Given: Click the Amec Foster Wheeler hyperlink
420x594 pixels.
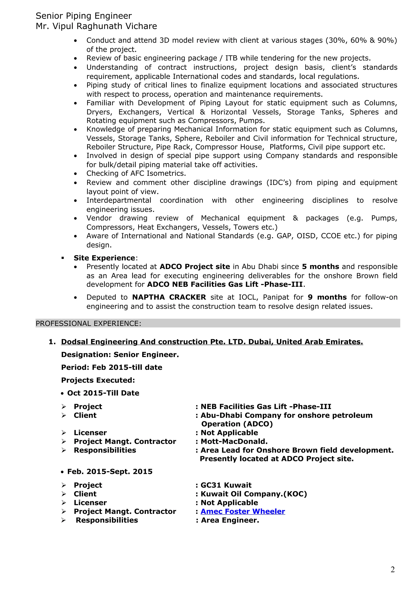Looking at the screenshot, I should pyautogui.click(x=243, y=511).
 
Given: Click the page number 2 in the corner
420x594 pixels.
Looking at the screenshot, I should pyautogui.click(x=393, y=570).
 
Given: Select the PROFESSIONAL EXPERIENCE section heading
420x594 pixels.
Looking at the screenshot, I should pyautogui.click(x=88, y=323).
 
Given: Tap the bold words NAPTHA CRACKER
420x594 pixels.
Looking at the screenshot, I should pyautogui.click(x=169, y=297).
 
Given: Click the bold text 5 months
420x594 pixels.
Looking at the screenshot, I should pyautogui.click(x=320, y=266).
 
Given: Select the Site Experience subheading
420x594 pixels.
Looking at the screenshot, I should pyautogui.click(x=104, y=258).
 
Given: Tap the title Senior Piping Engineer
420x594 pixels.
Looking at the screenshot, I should pyautogui.click(x=84, y=16).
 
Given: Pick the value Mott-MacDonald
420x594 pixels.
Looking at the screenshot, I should pyautogui.click(x=234, y=441).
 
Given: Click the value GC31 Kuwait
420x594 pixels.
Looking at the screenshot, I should pyautogui.click(x=226, y=485).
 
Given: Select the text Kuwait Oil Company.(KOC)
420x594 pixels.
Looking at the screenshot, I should pyautogui.click(x=254, y=494).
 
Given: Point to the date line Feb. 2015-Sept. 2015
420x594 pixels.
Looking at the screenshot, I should pyautogui.click(x=110, y=471).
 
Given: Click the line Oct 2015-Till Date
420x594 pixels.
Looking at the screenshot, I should pyautogui.click(x=103, y=393).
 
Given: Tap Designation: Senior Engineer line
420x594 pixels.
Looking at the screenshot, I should pyautogui.click(x=120, y=354).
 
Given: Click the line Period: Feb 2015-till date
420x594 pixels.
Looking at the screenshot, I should pyautogui.click(x=112, y=367).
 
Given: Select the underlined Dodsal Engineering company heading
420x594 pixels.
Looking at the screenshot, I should pyautogui.click(x=212, y=342).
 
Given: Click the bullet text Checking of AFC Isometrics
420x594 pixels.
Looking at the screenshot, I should pyautogui.click(x=136, y=173).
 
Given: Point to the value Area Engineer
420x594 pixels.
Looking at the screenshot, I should pyautogui.click(x=230, y=520).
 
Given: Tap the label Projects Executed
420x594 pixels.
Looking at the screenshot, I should pyautogui.click(x=98, y=380).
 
